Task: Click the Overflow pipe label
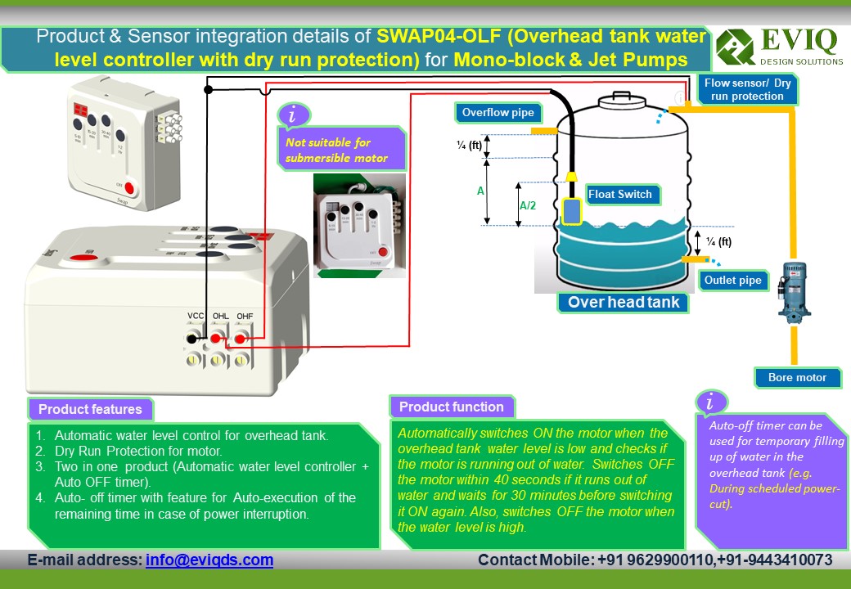tap(498, 112)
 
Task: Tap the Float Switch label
tap(619, 194)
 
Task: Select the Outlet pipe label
tap(733, 281)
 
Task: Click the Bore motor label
tap(797, 377)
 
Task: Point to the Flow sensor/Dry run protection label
tap(747, 90)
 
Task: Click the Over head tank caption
tap(624, 303)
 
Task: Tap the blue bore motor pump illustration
tap(793, 291)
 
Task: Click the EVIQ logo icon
tap(735, 47)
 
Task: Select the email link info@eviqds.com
tap(209, 560)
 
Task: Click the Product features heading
tap(90, 409)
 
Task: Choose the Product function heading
tap(451, 407)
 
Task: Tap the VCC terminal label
tap(196, 316)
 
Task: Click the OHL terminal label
tap(220, 316)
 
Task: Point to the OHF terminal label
tap(244, 316)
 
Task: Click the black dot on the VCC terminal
tap(191, 339)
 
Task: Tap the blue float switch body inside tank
tap(571, 210)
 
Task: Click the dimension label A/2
tap(528, 205)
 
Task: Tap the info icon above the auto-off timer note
tap(710, 402)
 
